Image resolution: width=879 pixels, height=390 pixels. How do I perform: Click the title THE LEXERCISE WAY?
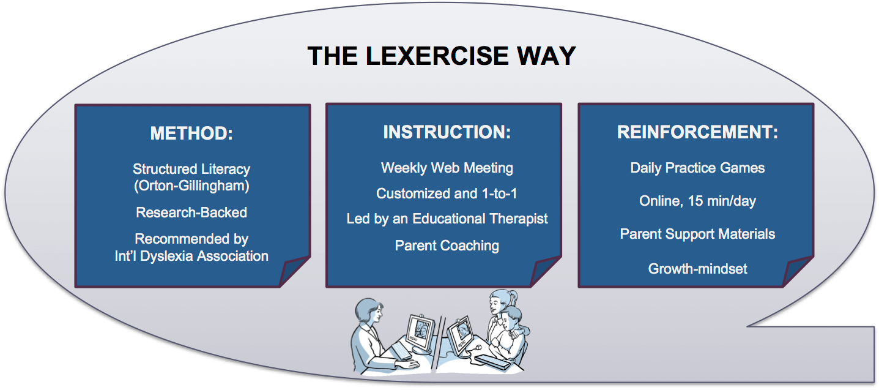pos(442,56)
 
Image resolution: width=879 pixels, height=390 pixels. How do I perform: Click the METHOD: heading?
pos(191,133)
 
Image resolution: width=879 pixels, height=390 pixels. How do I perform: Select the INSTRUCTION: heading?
pos(447,132)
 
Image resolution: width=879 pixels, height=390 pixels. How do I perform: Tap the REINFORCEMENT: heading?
pos(697,132)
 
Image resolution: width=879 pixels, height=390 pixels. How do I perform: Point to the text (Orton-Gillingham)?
pos(191,186)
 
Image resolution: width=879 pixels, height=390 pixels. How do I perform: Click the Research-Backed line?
pos(191,212)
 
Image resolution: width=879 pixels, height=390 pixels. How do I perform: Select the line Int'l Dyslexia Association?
pos(191,256)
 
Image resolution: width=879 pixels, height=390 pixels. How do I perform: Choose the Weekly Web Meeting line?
pos(447,168)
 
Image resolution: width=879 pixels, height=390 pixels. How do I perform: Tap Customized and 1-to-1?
pos(447,193)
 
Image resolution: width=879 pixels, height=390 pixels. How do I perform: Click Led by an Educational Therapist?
pos(447,219)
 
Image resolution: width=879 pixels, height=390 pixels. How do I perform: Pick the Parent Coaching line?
pos(447,246)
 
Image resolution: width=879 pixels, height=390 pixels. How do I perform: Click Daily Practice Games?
pos(697,168)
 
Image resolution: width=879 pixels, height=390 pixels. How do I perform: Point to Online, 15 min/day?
pos(697,201)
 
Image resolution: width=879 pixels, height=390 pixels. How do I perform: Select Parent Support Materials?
pos(697,234)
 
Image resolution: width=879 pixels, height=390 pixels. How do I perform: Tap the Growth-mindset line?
pos(697,269)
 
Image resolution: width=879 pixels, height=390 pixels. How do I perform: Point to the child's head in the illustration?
pos(511,319)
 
